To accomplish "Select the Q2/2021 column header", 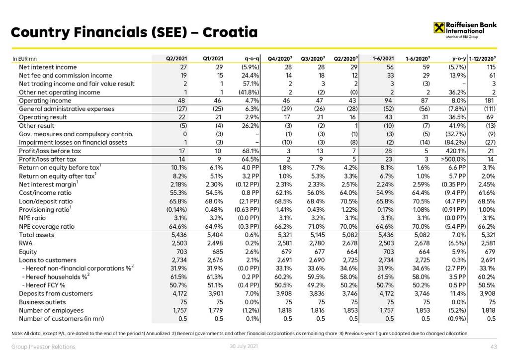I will pyautogui.click(x=176, y=59).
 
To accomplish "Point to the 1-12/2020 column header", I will pyautogui.click(x=482, y=59).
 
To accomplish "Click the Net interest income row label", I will pyautogui.click(x=48, y=67).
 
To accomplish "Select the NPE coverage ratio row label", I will pyautogui.click(x=47, y=226).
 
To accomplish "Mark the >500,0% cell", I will pyautogui.click(x=452, y=159).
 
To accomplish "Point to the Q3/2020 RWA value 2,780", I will pyautogui.click(x=315, y=243).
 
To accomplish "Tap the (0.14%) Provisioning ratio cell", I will pyautogui.click(x=175, y=209).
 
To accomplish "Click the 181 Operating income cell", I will pyautogui.click(x=491, y=100).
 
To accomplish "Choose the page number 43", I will pyautogui.click(x=494, y=347).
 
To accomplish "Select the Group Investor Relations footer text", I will pyautogui.click(x=43, y=347).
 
